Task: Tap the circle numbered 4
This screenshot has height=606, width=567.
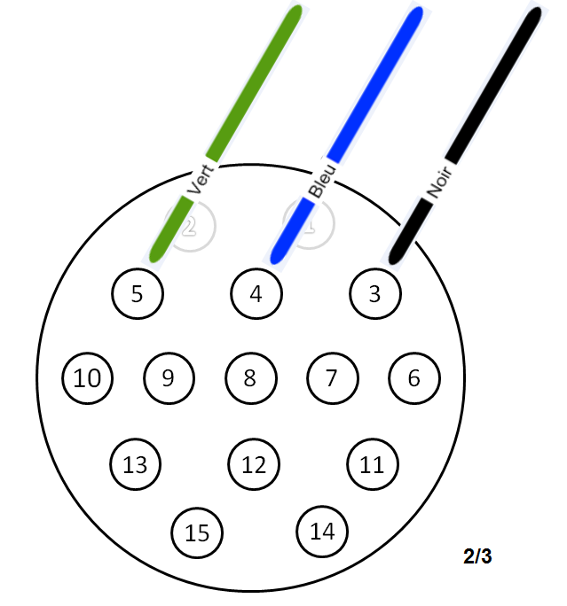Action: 256,293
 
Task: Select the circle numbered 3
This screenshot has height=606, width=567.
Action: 374,293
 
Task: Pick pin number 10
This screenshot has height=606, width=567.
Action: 88,378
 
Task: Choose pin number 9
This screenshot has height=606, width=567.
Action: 169,378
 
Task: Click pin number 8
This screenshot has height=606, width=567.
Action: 250,378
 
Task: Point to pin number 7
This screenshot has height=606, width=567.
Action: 332,378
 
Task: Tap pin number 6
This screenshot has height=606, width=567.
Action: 413,378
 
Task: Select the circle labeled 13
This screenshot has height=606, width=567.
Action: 135,463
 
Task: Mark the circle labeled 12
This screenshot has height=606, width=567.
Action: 254,463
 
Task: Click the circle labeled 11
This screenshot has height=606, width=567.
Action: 373,463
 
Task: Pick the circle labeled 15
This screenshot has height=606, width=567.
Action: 197,532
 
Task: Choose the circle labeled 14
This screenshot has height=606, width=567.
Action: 322,531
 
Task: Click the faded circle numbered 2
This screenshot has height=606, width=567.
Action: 191,226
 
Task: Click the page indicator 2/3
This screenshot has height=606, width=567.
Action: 477,557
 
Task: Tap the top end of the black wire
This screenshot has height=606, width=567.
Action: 533,15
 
